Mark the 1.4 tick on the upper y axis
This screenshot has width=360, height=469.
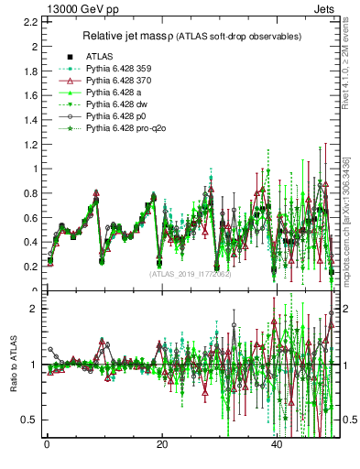point(33,119)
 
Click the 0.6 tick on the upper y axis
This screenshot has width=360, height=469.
point(33,217)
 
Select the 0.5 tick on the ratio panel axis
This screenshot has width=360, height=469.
point(33,420)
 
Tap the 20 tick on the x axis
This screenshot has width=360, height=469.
point(162,446)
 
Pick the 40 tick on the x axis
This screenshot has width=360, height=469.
point(277,446)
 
